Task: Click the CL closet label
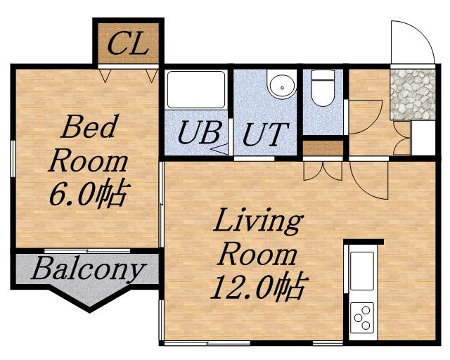pyautogui.click(x=128, y=44)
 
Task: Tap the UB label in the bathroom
pyautogui.click(x=199, y=132)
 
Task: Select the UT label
pyautogui.click(x=265, y=134)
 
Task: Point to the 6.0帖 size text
pyautogui.click(x=88, y=193)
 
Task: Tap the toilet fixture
pyautogui.click(x=323, y=88)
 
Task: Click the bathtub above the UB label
pyautogui.click(x=196, y=89)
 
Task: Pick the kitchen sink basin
pyautogui.click(x=362, y=271)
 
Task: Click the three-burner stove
pyautogui.click(x=362, y=318)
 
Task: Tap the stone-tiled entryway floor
pyautogui.click(x=413, y=94)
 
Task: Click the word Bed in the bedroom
pyautogui.click(x=90, y=127)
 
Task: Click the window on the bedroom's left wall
pyautogui.click(x=13, y=159)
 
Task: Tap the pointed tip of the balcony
pyautogui.click(x=89, y=311)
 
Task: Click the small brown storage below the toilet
pyautogui.click(x=323, y=148)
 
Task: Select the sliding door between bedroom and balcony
pyautogui.click(x=87, y=251)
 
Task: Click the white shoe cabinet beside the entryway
pyautogui.click(x=423, y=138)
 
